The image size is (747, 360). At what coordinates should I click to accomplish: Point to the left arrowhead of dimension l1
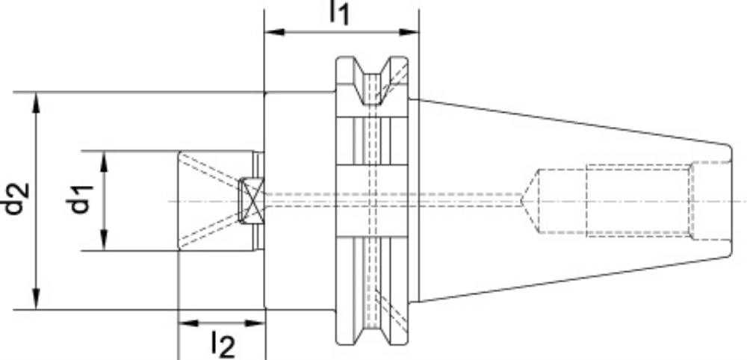point(274,32)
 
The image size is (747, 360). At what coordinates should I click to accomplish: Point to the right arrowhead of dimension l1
point(409,32)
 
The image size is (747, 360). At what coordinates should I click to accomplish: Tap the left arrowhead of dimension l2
point(187,323)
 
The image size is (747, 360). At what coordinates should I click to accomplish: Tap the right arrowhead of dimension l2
point(255,323)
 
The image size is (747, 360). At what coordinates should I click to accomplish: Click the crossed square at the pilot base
point(251,200)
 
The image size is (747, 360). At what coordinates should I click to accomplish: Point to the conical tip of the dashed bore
point(530,201)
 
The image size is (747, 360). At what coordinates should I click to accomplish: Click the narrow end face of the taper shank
point(731,201)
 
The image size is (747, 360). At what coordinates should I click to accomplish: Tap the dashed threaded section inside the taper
point(639,200)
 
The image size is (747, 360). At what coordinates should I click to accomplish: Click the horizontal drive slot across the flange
point(372,200)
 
